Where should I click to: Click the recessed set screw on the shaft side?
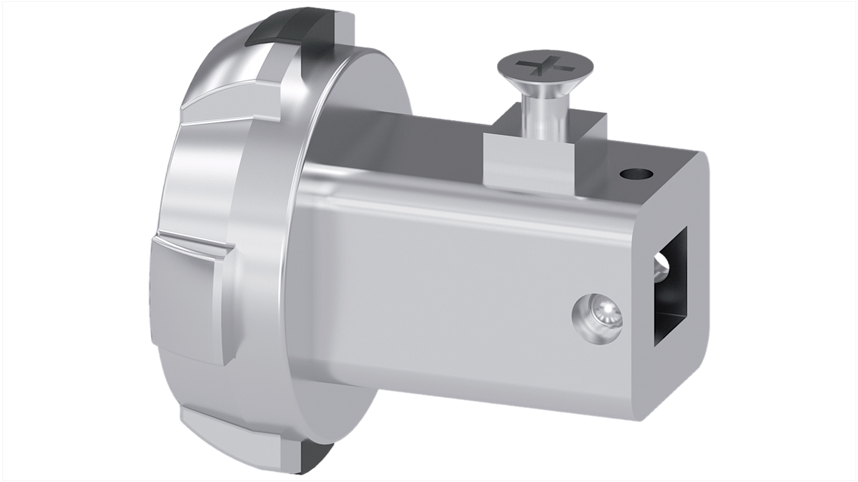pos(596,313)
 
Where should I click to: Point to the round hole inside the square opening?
pos(663,266)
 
